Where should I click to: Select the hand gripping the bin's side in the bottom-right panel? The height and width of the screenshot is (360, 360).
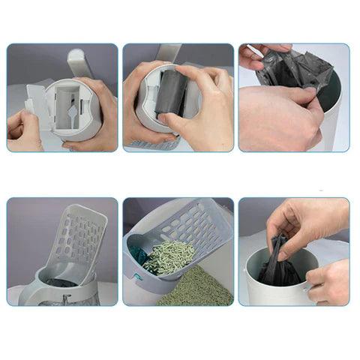tap(328, 281)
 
